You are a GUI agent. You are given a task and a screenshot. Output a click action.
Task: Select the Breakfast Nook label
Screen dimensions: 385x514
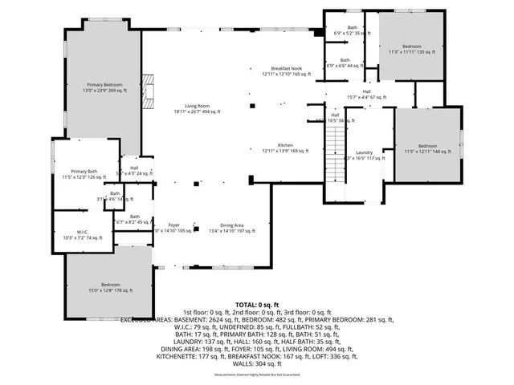286,71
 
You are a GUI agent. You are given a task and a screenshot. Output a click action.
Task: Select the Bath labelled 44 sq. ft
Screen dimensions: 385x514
345,63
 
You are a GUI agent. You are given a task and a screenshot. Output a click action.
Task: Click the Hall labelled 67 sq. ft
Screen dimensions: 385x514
365,94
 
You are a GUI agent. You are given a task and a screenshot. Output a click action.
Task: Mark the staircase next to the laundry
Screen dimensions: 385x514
334,156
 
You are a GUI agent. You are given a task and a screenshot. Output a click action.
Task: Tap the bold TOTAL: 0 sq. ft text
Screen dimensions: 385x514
257,306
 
